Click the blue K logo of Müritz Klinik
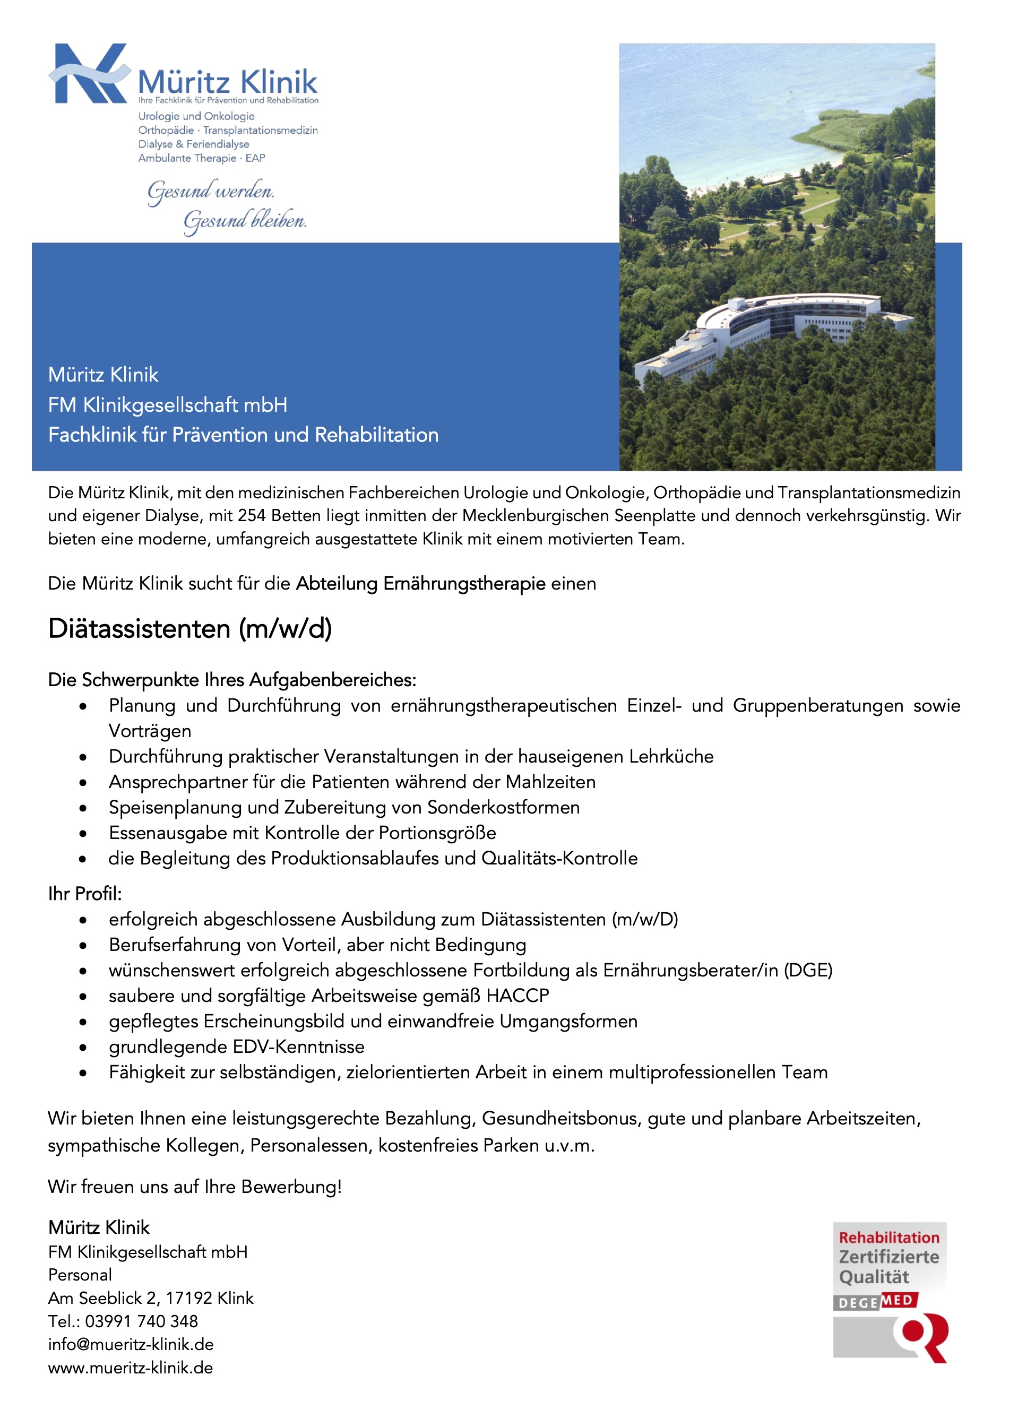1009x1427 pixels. coord(90,73)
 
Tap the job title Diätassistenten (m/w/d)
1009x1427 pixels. coord(189,629)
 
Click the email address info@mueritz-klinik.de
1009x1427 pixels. coord(131,1344)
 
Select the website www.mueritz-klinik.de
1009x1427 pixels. coord(131,1368)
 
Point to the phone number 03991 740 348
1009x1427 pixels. coord(141,1321)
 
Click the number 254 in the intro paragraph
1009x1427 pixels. coord(251,516)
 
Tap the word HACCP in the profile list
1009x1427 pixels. coord(518,996)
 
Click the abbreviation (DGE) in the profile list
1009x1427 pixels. coord(808,970)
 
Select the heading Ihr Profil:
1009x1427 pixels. coord(85,894)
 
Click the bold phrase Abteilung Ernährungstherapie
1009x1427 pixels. coord(420,584)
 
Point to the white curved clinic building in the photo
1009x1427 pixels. coord(771,330)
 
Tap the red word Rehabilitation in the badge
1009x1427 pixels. coord(889,1238)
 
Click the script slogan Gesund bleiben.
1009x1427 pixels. coord(244,221)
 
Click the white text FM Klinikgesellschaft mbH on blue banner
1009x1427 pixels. coord(168,404)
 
